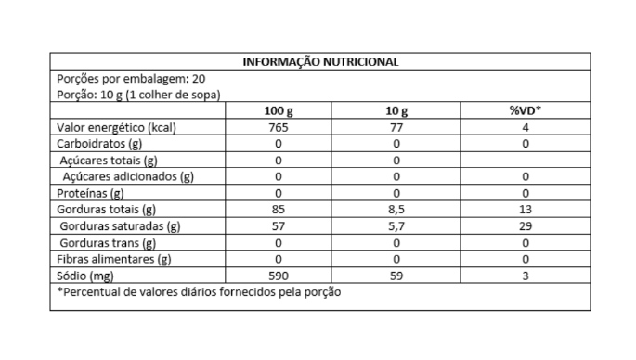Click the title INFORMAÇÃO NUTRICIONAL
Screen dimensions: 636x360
[x=320, y=62]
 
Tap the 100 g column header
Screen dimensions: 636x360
[x=279, y=111]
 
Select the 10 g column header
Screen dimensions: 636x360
[x=396, y=111]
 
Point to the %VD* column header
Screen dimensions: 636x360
[x=526, y=111]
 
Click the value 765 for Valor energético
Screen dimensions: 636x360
[x=279, y=127]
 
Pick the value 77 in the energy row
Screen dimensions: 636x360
[x=396, y=127]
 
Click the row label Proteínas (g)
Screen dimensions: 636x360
[x=90, y=193]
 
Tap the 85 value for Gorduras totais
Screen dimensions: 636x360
[x=279, y=210]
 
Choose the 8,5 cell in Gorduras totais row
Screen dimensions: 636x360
[x=396, y=210]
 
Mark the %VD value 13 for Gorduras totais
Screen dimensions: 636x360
[x=526, y=210]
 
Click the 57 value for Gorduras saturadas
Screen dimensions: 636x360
[x=279, y=225]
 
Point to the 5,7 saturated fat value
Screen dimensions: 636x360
[x=396, y=225]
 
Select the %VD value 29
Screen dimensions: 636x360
[x=526, y=225]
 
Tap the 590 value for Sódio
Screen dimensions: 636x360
[x=279, y=276]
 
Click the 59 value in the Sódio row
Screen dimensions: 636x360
[x=396, y=276]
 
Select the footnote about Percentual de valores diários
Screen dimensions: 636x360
[x=199, y=292]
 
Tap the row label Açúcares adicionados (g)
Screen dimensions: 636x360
[x=127, y=176]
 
